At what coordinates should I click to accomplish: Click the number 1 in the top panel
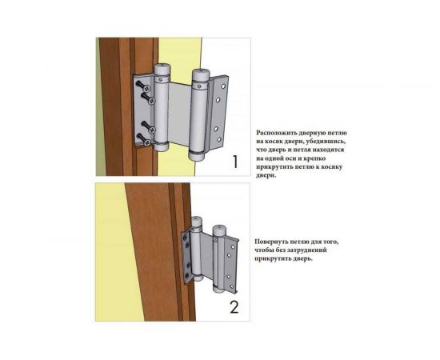pyautogui.click(x=235, y=162)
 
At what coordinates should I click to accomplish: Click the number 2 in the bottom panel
pyautogui.click(x=234, y=307)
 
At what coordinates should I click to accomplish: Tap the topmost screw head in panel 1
pyautogui.click(x=147, y=89)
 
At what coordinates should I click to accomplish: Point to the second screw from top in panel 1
pyautogui.click(x=152, y=101)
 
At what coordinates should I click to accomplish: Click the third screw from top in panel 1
pyautogui.click(x=152, y=130)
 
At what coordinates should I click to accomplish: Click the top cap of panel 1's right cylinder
pyautogui.click(x=200, y=74)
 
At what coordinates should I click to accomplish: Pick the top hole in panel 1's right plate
pyautogui.click(x=223, y=86)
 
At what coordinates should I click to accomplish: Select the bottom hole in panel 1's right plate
pyautogui.click(x=219, y=139)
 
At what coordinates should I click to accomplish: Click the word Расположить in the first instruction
pyautogui.click(x=275, y=133)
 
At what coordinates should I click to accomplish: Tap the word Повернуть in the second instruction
pyautogui.click(x=271, y=242)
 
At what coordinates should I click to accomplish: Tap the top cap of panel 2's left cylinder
pyautogui.click(x=197, y=222)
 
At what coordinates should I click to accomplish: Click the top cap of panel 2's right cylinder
pyautogui.click(x=220, y=230)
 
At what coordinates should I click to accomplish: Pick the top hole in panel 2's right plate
pyautogui.click(x=233, y=246)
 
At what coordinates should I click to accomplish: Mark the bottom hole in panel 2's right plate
pyautogui.click(x=232, y=286)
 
